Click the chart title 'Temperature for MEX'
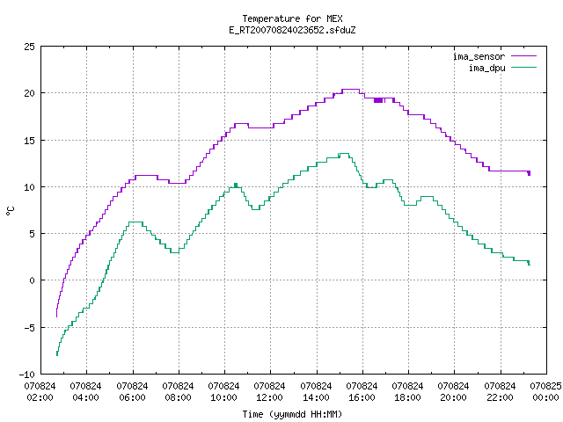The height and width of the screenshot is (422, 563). [x=292, y=18]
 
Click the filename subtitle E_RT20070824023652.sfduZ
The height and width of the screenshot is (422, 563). [x=292, y=30]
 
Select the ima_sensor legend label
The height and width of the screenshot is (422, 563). [x=479, y=56]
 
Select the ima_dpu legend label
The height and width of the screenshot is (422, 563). [x=486, y=68]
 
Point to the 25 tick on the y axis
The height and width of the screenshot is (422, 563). [x=29, y=47]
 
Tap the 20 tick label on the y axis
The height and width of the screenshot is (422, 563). [x=29, y=93]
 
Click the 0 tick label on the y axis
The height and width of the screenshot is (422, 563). [x=32, y=280]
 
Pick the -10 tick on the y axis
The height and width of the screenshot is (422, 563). [x=27, y=375]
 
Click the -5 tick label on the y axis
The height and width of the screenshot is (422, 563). [x=29, y=327]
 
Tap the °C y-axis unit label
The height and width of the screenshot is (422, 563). [x=10, y=211]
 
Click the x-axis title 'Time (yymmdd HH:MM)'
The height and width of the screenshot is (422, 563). [x=292, y=414]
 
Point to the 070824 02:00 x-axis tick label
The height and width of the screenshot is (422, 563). [x=40, y=392]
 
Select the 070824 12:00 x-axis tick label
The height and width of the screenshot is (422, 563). [x=270, y=392]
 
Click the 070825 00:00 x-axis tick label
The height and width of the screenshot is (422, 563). [x=545, y=392]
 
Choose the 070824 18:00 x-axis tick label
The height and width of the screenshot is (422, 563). [x=407, y=392]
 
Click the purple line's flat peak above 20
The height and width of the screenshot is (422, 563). [x=350, y=90]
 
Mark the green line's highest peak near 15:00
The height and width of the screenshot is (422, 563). [x=344, y=154]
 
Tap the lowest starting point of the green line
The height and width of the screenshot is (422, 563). [x=57, y=355]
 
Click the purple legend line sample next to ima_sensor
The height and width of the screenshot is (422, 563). [x=524, y=56]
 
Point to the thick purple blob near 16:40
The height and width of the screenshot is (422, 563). [x=378, y=100]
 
